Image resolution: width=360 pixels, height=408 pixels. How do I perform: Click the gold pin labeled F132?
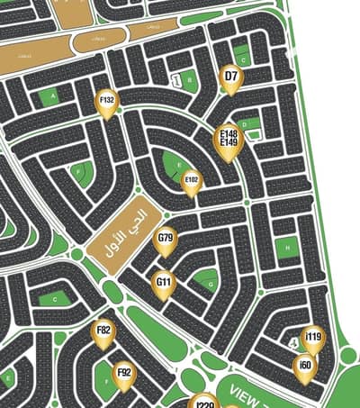[107, 102]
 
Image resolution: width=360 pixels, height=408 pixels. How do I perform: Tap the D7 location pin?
[231, 77]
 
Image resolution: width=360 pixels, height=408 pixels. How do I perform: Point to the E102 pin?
[192, 181]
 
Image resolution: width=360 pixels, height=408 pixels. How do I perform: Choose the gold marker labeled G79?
[166, 240]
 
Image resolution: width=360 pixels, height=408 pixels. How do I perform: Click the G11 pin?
[164, 284]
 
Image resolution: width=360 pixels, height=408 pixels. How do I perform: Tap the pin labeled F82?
[103, 332]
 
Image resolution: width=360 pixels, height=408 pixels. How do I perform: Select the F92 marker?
[124, 373]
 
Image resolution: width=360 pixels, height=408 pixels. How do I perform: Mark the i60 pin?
[306, 366]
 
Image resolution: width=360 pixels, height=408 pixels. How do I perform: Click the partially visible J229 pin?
[204, 402]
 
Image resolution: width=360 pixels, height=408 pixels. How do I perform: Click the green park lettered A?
[55, 95]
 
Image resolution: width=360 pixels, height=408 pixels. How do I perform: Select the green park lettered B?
[190, 80]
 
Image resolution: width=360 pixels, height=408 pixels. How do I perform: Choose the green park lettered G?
[209, 283]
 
